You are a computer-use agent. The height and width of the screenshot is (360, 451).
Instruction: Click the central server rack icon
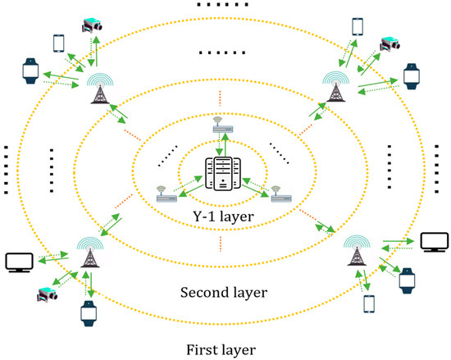point(225,175)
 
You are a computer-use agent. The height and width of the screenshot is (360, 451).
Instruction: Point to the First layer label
point(224,347)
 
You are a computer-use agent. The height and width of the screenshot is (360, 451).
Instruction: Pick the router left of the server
point(167,194)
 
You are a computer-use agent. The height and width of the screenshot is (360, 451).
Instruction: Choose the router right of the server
point(280,194)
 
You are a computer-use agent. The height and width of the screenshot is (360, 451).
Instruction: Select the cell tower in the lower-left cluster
point(88,255)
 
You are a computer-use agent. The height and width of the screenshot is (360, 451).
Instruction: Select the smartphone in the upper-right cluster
point(357,28)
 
